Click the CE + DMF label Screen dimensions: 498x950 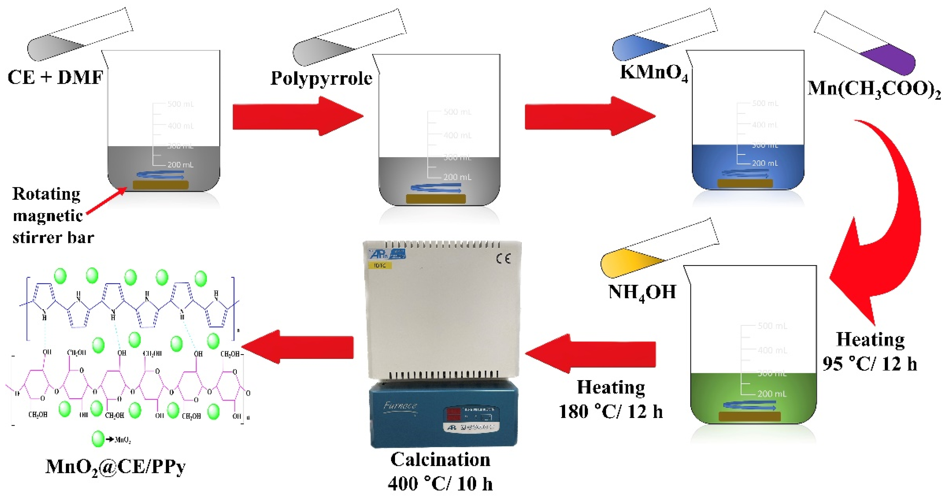point(55,77)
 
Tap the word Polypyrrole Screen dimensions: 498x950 point(321,79)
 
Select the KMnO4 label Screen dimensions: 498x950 point(653,73)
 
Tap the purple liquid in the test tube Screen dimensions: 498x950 point(893,59)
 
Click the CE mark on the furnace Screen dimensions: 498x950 point(503,259)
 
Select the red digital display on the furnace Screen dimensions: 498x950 point(454,414)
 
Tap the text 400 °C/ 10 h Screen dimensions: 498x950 point(440,484)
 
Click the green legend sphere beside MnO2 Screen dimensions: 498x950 point(98,439)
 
